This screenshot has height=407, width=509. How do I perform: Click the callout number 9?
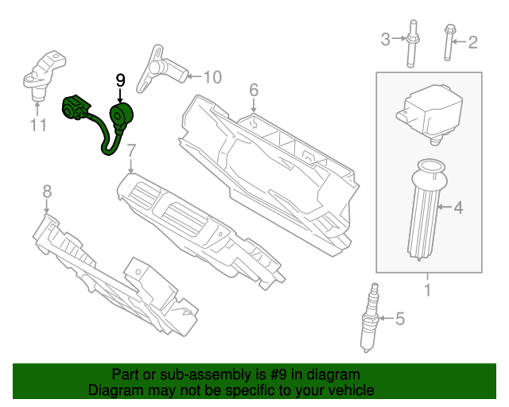120,80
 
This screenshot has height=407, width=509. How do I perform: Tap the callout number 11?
38,125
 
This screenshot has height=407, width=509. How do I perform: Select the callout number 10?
212,77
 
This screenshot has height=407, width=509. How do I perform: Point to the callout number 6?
254,90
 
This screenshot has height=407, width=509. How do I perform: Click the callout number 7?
131,149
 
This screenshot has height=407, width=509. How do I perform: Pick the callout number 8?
47,191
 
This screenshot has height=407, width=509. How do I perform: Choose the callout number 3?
385,38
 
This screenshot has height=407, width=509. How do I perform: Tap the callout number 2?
472,42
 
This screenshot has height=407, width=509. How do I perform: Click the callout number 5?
400,320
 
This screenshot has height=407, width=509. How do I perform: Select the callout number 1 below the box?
427,290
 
